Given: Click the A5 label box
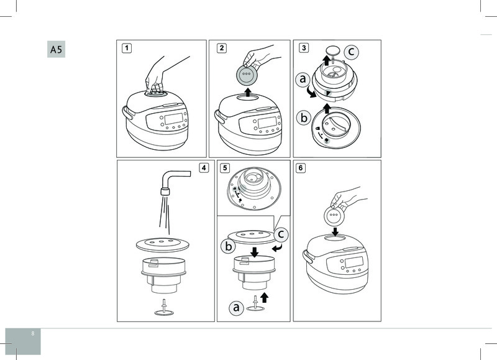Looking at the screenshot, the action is (x=56, y=49).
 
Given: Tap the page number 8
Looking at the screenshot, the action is (x=33, y=333).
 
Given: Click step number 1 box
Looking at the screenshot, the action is (x=127, y=48).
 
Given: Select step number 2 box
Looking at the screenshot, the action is (x=222, y=48).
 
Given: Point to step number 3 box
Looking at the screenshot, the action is (x=304, y=48).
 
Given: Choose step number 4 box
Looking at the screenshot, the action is (x=204, y=168).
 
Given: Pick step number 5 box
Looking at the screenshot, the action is (x=225, y=168).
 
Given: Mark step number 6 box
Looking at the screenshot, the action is (x=301, y=168).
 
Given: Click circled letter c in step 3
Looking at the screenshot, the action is (x=351, y=52).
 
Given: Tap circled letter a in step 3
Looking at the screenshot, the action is (x=303, y=79).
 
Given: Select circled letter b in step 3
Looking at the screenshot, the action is (x=304, y=118).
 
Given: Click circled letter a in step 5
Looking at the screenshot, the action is (x=236, y=307).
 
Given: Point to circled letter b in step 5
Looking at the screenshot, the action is (x=228, y=246).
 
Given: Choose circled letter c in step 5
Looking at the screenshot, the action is (x=281, y=234).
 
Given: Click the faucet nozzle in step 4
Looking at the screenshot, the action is (x=165, y=192).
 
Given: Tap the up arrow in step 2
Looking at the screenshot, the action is (x=248, y=93).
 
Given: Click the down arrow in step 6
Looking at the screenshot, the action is (x=335, y=231).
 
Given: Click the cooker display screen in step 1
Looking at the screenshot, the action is (x=174, y=119).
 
